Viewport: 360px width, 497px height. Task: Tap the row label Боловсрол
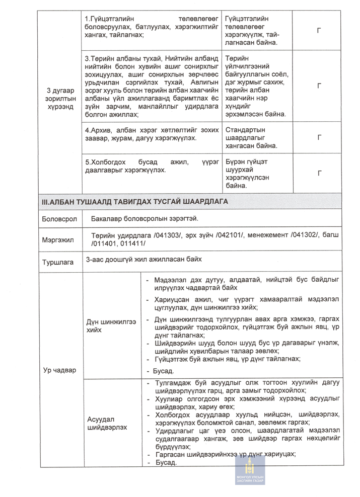[59, 220]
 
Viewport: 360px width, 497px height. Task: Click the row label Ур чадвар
[59, 370]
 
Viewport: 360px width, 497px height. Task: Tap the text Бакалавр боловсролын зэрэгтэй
[145, 219]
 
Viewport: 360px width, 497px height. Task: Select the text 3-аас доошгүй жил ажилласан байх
[144, 260]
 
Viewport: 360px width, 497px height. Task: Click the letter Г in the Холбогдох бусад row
[319, 174]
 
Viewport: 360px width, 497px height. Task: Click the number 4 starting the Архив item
[87, 129]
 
